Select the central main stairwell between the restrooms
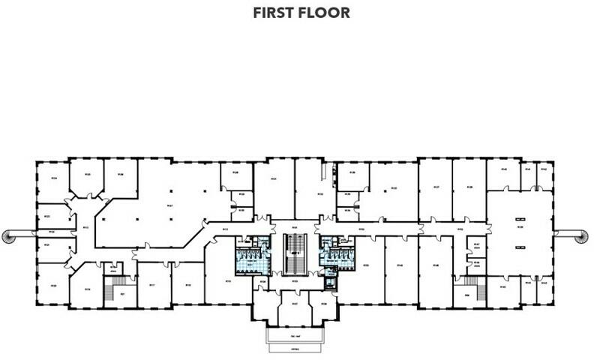(x=296, y=252)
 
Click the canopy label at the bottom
(x=296, y=350)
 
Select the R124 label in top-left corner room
(x=54, y=178)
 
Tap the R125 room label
(x=87, y=174)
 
